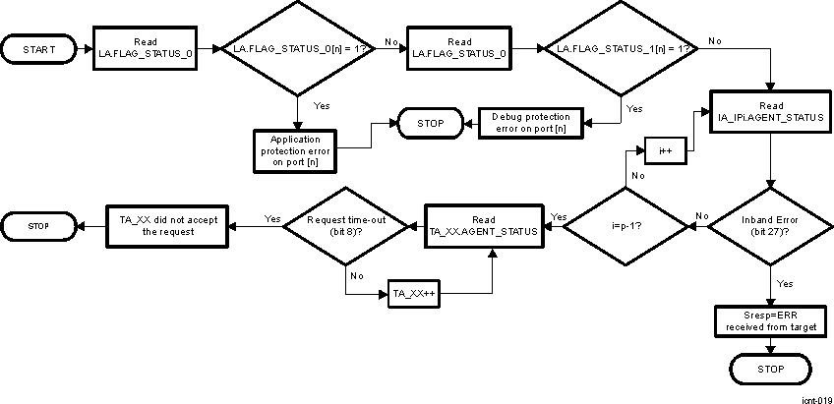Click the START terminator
(x=39, y=48)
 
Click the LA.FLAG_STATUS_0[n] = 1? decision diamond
(x=297, y=47)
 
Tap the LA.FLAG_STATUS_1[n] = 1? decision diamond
(x=621, y=47)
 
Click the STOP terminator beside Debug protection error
(x=431, y=124)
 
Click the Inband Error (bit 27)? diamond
(x=770, y=227)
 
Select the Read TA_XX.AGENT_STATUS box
(x=483, y=227)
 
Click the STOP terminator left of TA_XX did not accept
(x=39, y=227)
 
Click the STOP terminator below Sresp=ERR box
(x=770, y=370)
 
